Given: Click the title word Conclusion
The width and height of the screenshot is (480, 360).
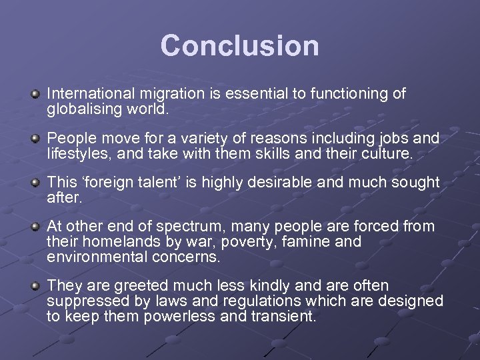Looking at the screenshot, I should (x=239, y=45).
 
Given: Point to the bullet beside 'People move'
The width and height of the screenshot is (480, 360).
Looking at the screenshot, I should (x=35, y=139).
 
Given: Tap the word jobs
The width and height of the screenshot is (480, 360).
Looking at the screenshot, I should (x=397, y=138).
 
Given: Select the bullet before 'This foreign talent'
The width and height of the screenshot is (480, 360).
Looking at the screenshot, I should (x=35, y=183).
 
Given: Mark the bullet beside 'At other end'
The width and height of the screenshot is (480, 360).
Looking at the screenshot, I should (x=35, y=227).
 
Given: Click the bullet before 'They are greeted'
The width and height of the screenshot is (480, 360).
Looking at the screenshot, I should (x=35, y=287).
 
